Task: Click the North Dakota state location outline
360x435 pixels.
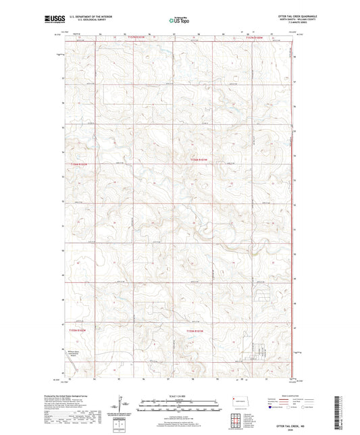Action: (x=237, y=400)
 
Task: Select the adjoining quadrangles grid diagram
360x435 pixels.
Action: (x=237, y=418)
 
